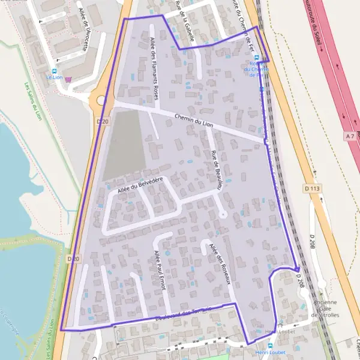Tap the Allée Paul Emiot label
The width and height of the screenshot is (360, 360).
point(159,270)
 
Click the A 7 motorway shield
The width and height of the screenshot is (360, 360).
point(350,136)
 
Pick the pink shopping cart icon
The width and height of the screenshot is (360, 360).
point(68,79)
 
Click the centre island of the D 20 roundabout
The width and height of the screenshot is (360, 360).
point(101,100)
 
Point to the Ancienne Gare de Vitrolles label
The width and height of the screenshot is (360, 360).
point(328,308)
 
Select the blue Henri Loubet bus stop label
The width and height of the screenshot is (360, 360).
point(269,353)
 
